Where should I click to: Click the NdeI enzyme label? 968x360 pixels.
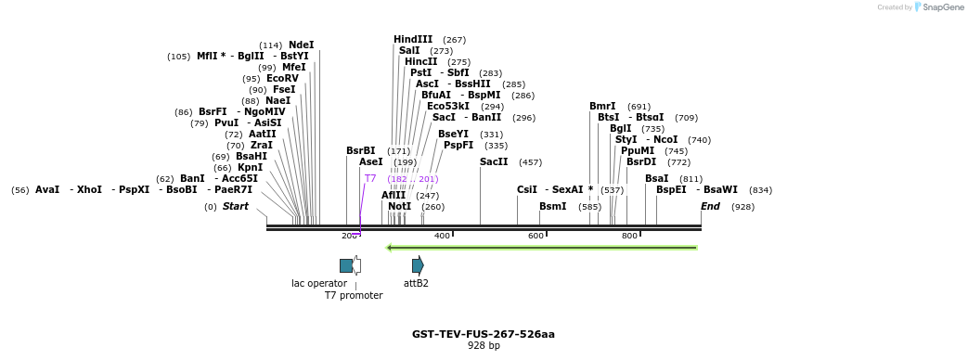pyautogui.click(x=301, y=45)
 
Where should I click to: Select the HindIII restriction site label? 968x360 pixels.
pyautogui.click(x=413, y=39)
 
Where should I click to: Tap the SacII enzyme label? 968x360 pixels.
pyautogui.click(x=494, y=161)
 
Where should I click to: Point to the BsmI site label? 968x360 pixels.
pyautogui.click(x=552, y=206)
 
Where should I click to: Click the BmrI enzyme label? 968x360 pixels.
pyautogui.click(x=602, y=106)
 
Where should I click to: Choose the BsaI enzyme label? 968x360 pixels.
pyautogui.click(x=656, y=178)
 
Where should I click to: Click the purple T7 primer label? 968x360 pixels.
pyautogui.click(x=370, y=178)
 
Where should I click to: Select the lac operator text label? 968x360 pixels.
pyautogui.click(x=319, y=283)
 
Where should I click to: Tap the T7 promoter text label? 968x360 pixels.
pyautogui.click(x=354, y=295)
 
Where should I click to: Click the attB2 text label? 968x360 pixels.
pyautogui.click(x=416, y=283)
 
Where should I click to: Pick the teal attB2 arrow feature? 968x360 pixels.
pyautogui.click(x=418, y=265)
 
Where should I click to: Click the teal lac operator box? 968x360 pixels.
pyautogui.click(x=346, y=265)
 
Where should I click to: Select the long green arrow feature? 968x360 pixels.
pyautogui.click(x=542, y=248)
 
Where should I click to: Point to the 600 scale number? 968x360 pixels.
pyautogui.click(x=536, y=236)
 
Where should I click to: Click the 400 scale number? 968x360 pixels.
pyautogui.click(x=442, y=236)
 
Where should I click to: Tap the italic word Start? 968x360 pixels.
pyautogui.click(x=235, y=206)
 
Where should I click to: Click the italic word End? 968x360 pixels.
pyautogui.click(x=710, y=206)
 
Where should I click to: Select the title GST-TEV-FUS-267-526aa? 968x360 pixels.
pyautogui.click(x=484, y=334)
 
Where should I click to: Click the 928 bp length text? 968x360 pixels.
pyautogui.click(x=484, y=346)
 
